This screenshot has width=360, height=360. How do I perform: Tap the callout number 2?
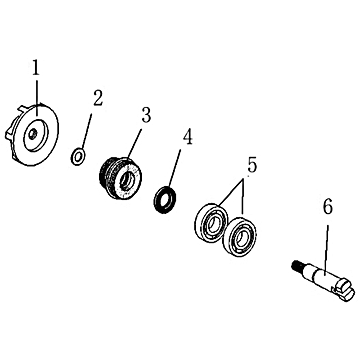coord(98,98)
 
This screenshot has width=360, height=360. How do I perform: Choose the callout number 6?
coord(328,206)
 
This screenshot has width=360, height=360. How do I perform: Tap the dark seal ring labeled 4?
coord(165,199)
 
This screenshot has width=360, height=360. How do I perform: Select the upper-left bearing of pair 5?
coord(211,223)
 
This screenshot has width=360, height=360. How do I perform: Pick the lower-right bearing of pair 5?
coord(240,237)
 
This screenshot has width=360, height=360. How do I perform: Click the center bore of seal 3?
coord(127,181)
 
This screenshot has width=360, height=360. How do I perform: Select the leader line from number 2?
coord(86,131)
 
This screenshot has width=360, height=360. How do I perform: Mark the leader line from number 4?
coord(175,168)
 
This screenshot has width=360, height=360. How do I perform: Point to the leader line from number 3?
coord(134,144)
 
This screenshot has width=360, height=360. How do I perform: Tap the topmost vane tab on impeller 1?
coord(24,108)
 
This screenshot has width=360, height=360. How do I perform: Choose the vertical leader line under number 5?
coord(243,198)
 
